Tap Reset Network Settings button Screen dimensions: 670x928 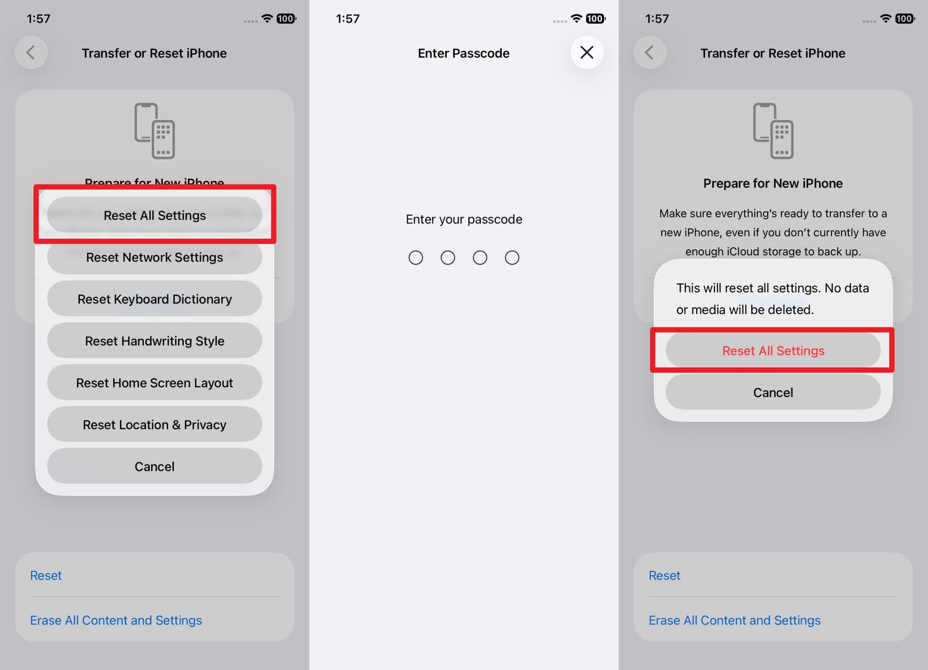point(154,258)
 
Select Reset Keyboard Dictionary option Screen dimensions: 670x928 point(154,299)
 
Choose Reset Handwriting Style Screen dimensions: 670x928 point(154,341)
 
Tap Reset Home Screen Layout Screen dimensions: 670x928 point(154,383)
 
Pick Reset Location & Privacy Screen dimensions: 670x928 point(154,425)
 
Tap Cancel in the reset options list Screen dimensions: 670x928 point(154,467)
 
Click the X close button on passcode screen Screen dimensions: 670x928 point(587,52)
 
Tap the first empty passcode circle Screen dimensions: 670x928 point(416,258)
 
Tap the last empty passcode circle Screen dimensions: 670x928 point(512,258)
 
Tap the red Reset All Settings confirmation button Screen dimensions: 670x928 point(773,351)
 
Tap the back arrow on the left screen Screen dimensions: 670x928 point(31,53)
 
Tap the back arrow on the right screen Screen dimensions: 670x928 point(650,53)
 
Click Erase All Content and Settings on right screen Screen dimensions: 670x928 point(734,620)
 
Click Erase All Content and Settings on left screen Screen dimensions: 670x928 point(116,620)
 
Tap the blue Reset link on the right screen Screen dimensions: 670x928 point(664,576)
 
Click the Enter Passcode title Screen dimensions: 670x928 point(463,53)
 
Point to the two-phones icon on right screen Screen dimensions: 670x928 point(773,131)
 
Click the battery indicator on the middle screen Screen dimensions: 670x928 point(595,19)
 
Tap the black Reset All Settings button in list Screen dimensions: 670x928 point(154,216)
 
